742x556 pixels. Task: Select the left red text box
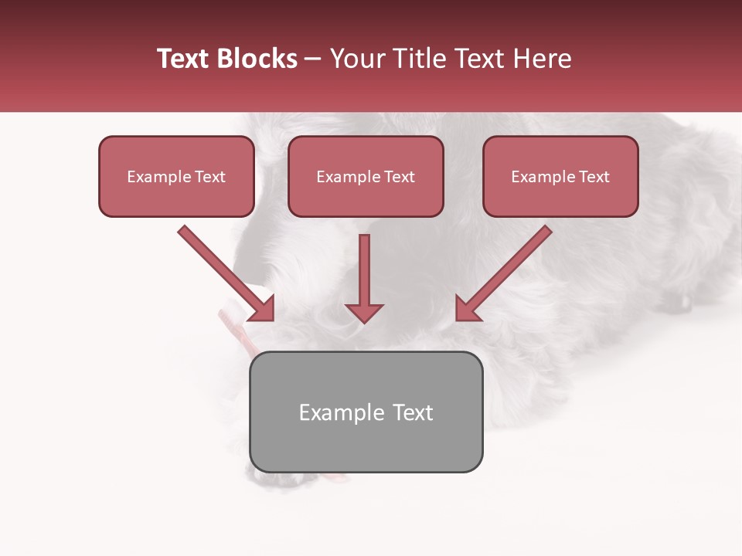pyautogui.click(x=176, y=176)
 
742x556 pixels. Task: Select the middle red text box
pyautogui.click(x=366, y=176)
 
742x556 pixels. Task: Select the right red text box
pyautogui.click(x=560, y=176)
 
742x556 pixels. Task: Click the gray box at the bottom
pyautogui.click(x=366, y=412)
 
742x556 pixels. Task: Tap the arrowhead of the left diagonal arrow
pyautogui.click(x=263, y=309)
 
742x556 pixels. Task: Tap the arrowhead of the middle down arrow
pyautogui.click(x=364, y=312)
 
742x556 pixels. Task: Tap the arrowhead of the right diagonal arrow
pyautogui.click(x=467, y=309)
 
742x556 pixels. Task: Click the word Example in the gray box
pyautogui.click(x=341, y=412)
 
